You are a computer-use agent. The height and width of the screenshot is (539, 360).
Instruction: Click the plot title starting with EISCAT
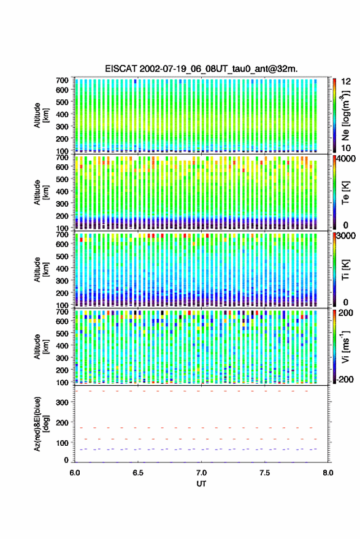click(x=201, y=69)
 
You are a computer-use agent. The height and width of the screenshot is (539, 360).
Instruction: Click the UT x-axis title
click(x=202, y=484)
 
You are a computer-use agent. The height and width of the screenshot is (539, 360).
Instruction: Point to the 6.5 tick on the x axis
click(x=138, y=473)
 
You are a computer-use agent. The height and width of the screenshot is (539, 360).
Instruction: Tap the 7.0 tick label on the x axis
click(x=202, y=473)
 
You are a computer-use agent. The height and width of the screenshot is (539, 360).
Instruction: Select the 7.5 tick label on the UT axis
click(x=265, y=473)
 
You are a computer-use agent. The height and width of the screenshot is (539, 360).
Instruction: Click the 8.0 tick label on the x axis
click(x=328, y=473)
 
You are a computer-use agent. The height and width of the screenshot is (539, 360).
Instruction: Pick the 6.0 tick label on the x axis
click(x=75, y=473)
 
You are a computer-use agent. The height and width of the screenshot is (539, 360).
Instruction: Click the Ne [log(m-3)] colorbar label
click(x=345, y=115)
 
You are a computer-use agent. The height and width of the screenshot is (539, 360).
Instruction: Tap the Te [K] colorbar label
click(x=345, y=193)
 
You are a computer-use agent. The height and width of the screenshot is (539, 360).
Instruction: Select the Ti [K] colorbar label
click(x=345, y=270)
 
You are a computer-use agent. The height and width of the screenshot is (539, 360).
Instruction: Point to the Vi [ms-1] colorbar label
click(x=345, y=346)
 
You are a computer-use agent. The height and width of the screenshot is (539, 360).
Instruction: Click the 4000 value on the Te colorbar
click(x=346, y=159)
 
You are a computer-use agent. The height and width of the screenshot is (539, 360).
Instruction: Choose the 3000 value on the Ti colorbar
click(x=346, y=236)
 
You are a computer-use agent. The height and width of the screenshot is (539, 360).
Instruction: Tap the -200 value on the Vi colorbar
click(x=344, y=380)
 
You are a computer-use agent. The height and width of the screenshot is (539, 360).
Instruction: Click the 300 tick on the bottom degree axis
click(x=62, y=402)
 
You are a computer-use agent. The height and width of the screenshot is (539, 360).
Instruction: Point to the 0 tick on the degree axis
click(x=66, y=460)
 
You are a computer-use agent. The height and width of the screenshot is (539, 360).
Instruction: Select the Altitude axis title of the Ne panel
click(x=42, y=115)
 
